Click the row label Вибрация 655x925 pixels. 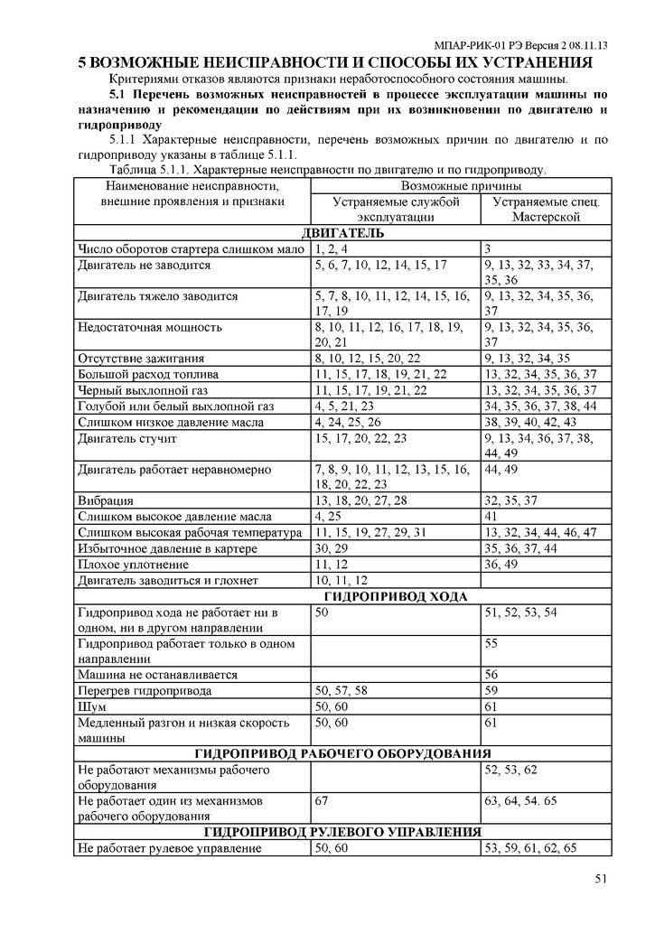[107, 500]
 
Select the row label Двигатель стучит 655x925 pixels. [127, 439]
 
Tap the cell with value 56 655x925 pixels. [492, 674]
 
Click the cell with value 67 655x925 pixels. [321, 800]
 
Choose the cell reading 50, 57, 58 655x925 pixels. [341, 690]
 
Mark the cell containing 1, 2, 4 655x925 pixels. [332, 248]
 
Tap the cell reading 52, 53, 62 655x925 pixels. [510, 769]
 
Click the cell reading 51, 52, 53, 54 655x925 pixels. [520, 612]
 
